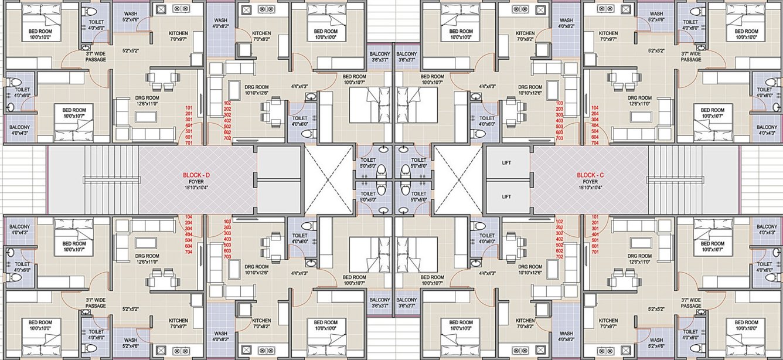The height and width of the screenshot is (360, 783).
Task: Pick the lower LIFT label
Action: point(508,196)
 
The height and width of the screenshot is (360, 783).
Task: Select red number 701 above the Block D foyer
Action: point(189,143)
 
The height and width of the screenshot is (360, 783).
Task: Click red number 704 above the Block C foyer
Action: point(595,143)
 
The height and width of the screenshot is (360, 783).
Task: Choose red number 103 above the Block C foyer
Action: point(559,103)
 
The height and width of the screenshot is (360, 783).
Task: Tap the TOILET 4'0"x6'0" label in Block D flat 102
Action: point(299,121)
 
